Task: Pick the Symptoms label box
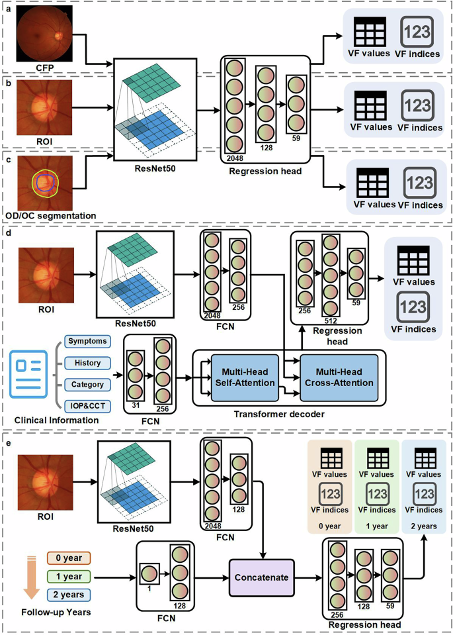coord(87,341)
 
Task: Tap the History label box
coord(87,362)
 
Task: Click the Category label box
coord(87,383)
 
